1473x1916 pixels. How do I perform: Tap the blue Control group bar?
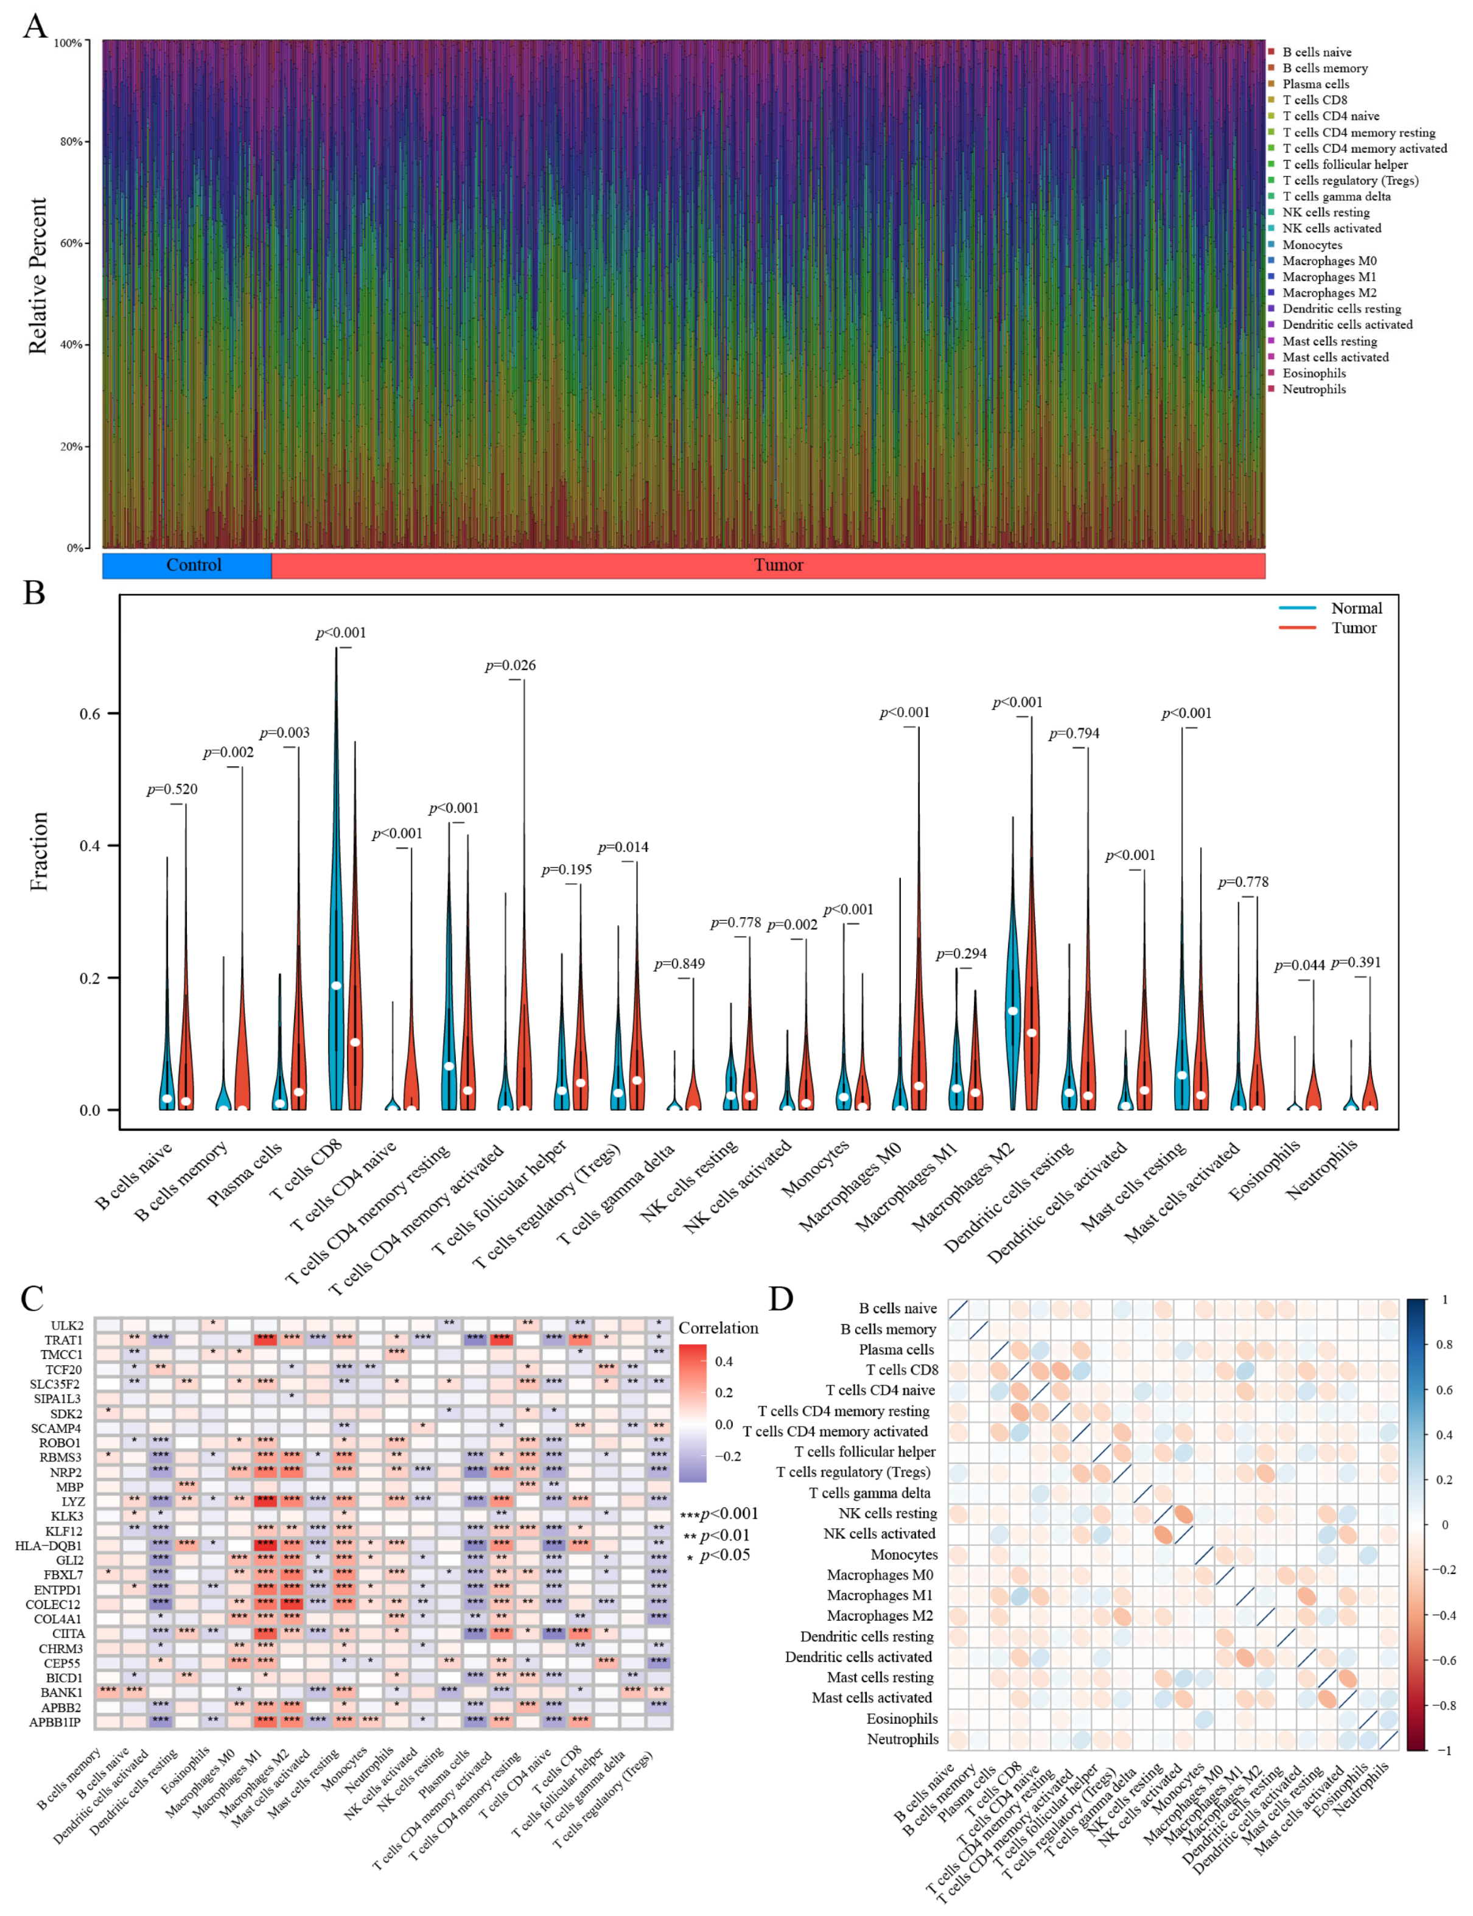(x=187, y=565)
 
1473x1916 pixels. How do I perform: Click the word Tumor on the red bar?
(x=778, y=565)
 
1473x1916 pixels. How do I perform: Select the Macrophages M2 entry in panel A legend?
(x=1328, y=293)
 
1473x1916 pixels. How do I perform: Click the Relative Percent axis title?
(x=37, y=276)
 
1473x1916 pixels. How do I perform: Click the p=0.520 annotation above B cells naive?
(x=172, y=790)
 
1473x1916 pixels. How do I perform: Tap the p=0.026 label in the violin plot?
(x=510, y=665)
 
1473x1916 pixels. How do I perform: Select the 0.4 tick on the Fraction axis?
(x=90, y=846)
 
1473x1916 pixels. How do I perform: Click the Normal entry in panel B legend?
(x=1356, y=608)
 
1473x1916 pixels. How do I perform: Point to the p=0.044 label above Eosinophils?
(x=1300, y=965)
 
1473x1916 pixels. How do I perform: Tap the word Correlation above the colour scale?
(x=718, y=1328)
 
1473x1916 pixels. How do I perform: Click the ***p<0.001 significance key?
(x=719, y=1514)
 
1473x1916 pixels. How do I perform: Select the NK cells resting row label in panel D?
(x=887, y=1514)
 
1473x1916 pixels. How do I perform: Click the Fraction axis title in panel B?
(x=38, y=851)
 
